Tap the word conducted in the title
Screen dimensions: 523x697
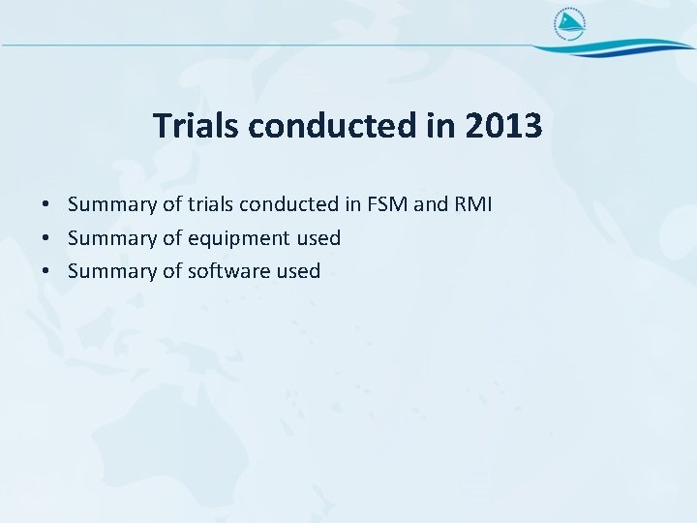(351, 126)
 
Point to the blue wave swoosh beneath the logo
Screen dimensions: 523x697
(620, 47)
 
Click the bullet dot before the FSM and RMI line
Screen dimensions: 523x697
(46, 205)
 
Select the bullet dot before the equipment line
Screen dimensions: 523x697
(46, 238)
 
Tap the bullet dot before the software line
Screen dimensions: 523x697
(46, 271)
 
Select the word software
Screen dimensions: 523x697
(228, 271)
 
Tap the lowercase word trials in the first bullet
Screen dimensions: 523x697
(211, 204)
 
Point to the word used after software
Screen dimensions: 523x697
(298, 271)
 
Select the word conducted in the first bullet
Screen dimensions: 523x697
(288, 204)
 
